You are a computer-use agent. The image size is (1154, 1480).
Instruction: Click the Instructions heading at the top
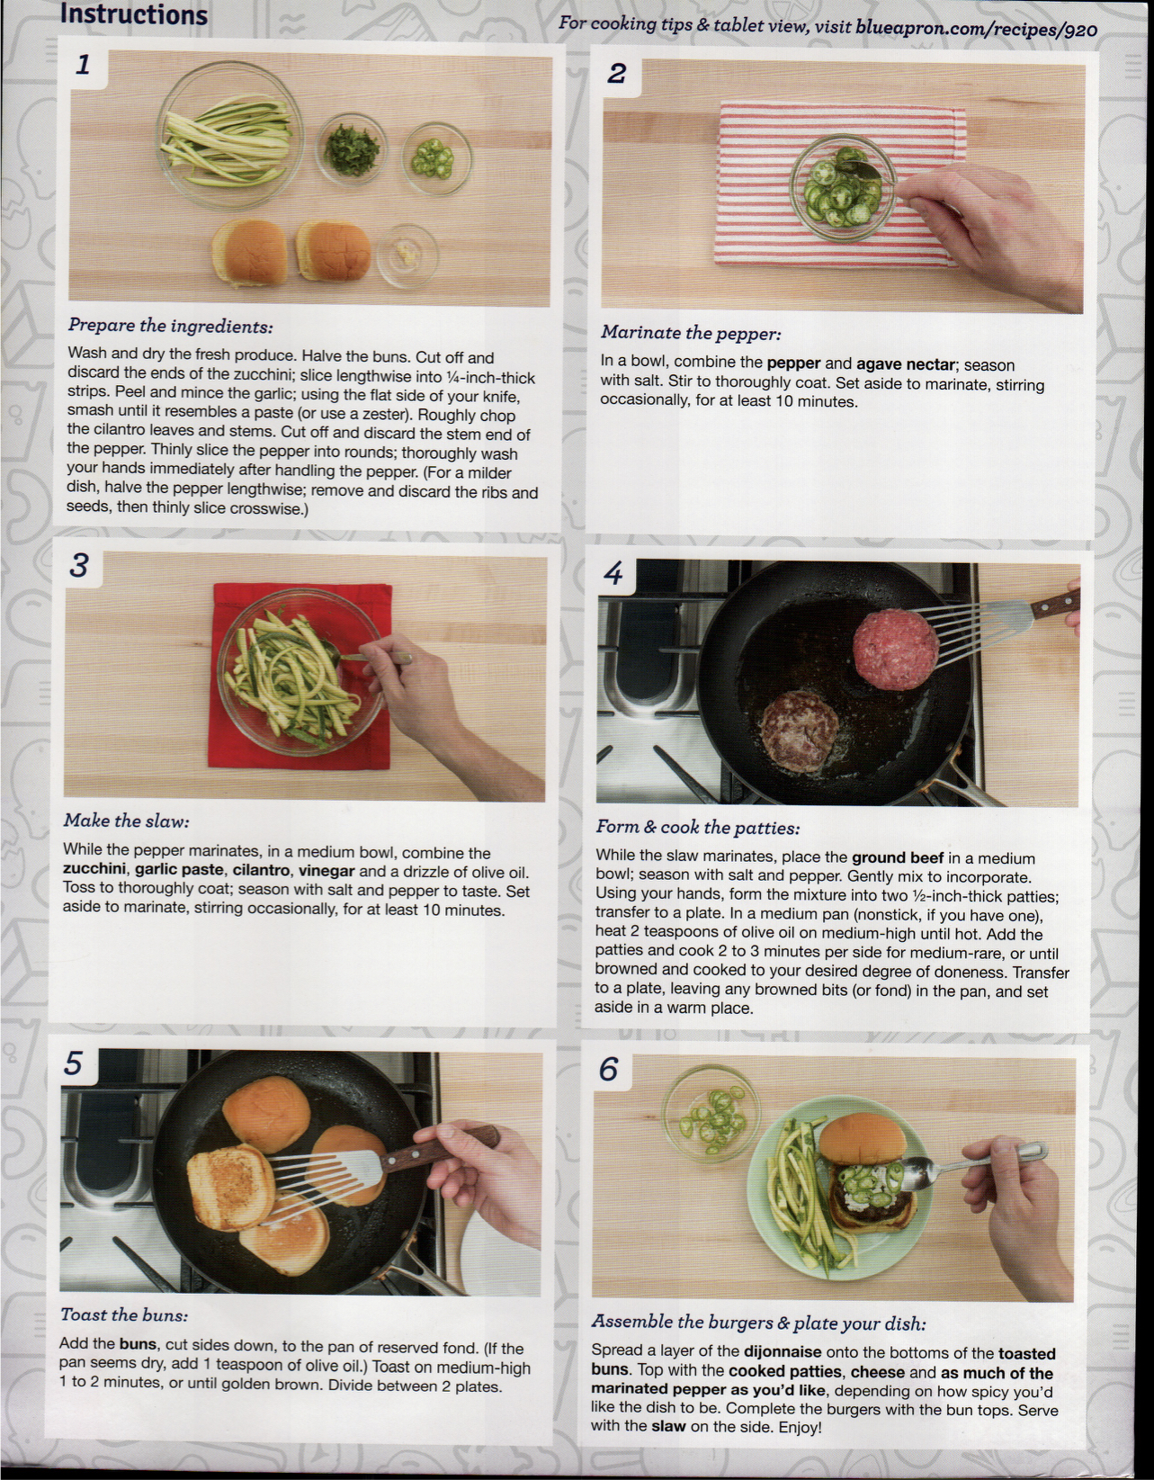click(133, 14)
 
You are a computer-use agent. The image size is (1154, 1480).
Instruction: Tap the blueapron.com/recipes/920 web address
click(976, 29)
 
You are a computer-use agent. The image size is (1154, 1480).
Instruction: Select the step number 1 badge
click(83, 66)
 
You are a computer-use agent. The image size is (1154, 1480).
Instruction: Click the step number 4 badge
click(613, 573)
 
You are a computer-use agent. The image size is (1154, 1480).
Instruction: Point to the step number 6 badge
click(609, 1070)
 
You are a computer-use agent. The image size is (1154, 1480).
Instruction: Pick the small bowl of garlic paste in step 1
click(407, 256)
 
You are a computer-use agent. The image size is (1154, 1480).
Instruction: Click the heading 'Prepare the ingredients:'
click(170, 327)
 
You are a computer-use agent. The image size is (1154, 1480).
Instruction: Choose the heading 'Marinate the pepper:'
click(691, 333)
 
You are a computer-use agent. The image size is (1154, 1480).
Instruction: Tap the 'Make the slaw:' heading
click(127, 821)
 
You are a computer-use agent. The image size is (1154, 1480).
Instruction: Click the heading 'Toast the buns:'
click(124, 1314)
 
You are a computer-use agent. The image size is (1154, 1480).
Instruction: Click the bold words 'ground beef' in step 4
click(898, 858)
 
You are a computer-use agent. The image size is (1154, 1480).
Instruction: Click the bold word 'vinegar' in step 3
click(327, 871)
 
